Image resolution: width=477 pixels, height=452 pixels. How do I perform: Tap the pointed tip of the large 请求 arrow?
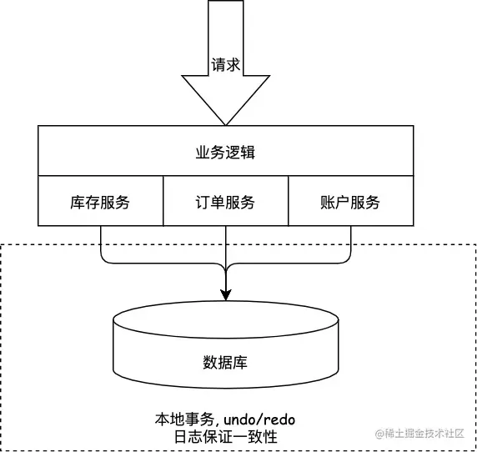pos(225,123)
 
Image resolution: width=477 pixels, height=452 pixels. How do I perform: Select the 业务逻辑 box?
pos(225,151)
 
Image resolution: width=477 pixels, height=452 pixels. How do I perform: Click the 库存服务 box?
pos(100,202)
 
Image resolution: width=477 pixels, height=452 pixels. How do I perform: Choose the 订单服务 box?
pos(225,202)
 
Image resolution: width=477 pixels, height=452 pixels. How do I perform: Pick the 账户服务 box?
pos(350,202)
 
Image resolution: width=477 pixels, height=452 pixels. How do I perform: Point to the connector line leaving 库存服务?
pos(101,242)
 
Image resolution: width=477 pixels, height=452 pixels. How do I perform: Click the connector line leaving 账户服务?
pos(350,242)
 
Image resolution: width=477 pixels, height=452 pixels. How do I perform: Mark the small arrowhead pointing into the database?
pos(225,294)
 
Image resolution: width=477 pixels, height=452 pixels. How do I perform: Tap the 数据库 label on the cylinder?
pos(225,363)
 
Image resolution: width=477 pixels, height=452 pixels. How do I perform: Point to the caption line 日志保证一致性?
pos(225,437)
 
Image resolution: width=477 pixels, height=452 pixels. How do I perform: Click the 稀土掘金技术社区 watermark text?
pos(427,434)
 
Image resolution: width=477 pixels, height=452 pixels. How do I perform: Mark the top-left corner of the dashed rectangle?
pos(2,244)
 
